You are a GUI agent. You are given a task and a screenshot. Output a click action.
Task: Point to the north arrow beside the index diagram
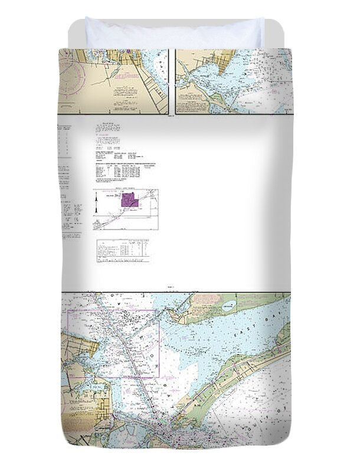pos(97,207)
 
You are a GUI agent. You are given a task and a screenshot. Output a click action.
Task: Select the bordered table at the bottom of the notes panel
pos(123,250)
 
